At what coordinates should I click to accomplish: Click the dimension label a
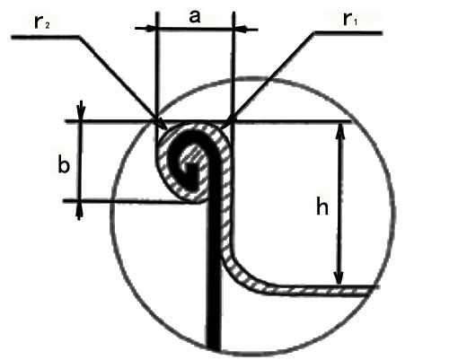[x=195, y=17]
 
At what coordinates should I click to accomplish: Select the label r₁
[x=350, y=19]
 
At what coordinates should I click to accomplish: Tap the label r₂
[x=42, y=22]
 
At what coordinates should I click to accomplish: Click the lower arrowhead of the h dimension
[x=339, y=277]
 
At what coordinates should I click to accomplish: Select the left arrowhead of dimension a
[x=149, y=29]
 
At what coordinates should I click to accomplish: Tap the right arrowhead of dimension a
[x=242, y=30]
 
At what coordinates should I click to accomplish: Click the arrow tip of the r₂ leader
[x=165, y=128]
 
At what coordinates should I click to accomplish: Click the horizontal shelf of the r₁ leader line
[x=348, y=32]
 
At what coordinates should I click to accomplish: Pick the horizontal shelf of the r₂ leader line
[x=46, y=37]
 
